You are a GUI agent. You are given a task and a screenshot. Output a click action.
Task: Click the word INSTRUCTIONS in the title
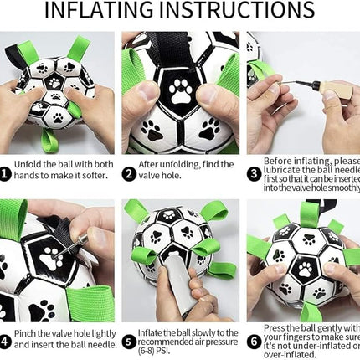coord(244,12)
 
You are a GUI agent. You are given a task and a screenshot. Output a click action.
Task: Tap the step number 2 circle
coord(128,173)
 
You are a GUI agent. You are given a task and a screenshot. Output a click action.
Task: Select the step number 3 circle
coord(252,173)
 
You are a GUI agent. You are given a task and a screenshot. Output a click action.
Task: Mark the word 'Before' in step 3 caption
coord(280,161)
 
